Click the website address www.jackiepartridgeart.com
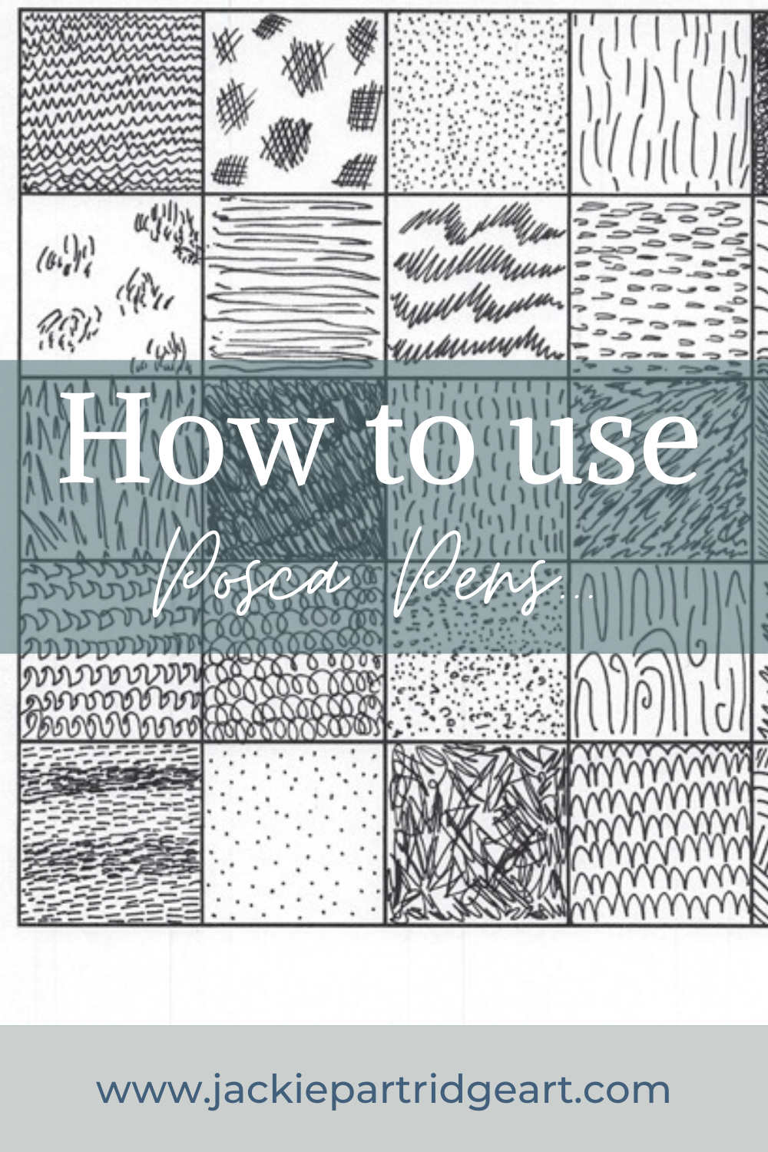click(383, 1090)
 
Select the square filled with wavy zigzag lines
click(111, 102)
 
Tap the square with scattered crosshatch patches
click(294, 102)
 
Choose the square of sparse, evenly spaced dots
click(294, 833)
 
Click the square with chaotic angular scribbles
click(478, 833)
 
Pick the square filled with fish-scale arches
click(660, 833)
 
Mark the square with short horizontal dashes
click(111, 833)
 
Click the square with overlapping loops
click(294, 691)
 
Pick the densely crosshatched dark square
click(294, 468)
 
